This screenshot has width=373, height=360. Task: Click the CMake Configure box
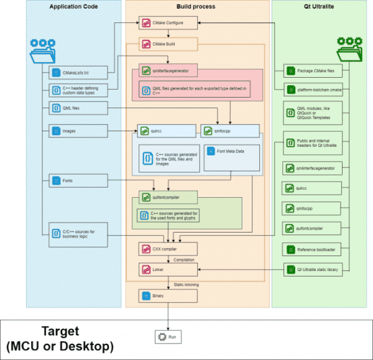pyautogui.click(x=168, y=23)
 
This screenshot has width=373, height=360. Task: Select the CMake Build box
pyautogui.click(x=168, y=45)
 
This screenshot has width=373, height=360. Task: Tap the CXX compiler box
pyautogui.click(x=168, y=249)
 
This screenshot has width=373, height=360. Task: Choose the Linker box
pyautogui.click(x=168, y=269)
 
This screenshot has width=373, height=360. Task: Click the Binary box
pyautogui.click(x=168, y=296)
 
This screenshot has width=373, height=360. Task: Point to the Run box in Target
pyautogui.click(x=169, y=336)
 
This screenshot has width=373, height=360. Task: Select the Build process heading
pyautogui.click(x=196, y=7)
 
